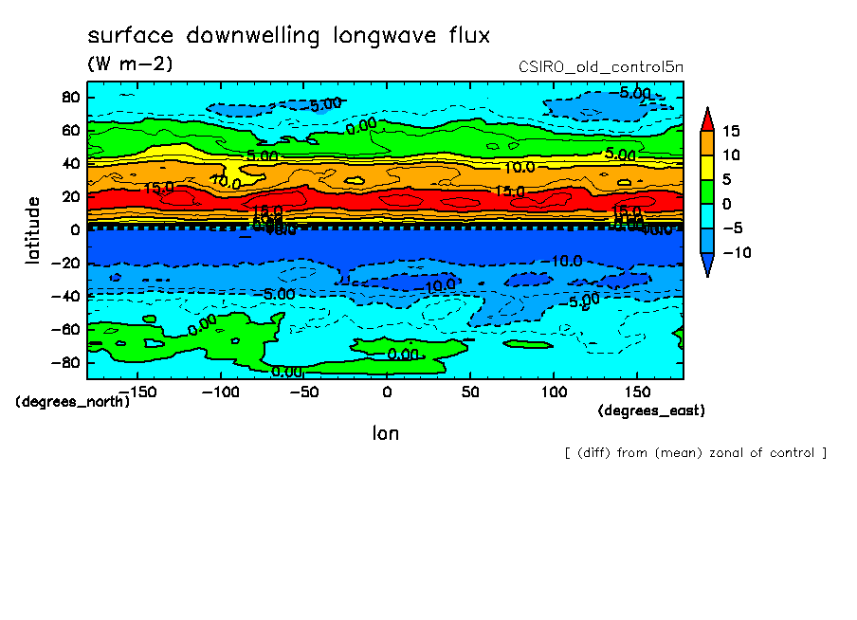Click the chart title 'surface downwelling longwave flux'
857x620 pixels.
[288, 36]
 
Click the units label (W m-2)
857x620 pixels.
[130, 64]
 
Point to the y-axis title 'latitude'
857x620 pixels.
[33, 229]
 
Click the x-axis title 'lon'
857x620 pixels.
[385, 433]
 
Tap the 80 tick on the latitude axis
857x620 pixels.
[69, 97]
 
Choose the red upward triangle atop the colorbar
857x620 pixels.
[707, 119]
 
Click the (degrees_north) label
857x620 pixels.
[72, 401]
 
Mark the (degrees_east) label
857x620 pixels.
[651, 410]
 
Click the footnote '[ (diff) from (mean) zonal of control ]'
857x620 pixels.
[695, 452]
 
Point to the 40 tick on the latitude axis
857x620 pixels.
[69, 163]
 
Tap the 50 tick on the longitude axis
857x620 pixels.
[470, 392]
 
